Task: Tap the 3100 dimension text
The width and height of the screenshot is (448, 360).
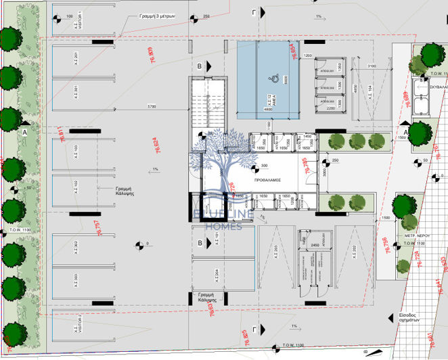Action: pos(372,66)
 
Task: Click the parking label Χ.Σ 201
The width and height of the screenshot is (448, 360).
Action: pos(76,60)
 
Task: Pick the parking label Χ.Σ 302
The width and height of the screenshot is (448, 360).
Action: pos(76,248)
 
